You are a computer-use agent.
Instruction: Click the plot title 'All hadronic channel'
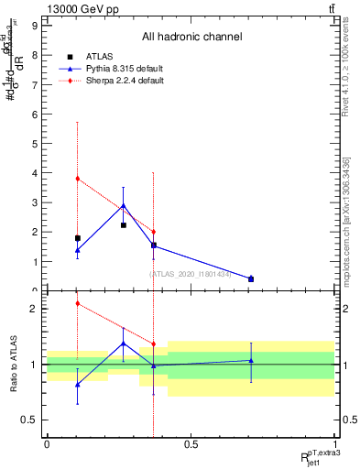click(x=191, y=38)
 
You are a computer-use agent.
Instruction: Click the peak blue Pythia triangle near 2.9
click(x=124, y=206)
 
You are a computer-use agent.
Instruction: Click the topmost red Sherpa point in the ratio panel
click(x=77, y=303)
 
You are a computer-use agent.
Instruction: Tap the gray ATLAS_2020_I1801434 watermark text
click(x=191, y=273)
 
